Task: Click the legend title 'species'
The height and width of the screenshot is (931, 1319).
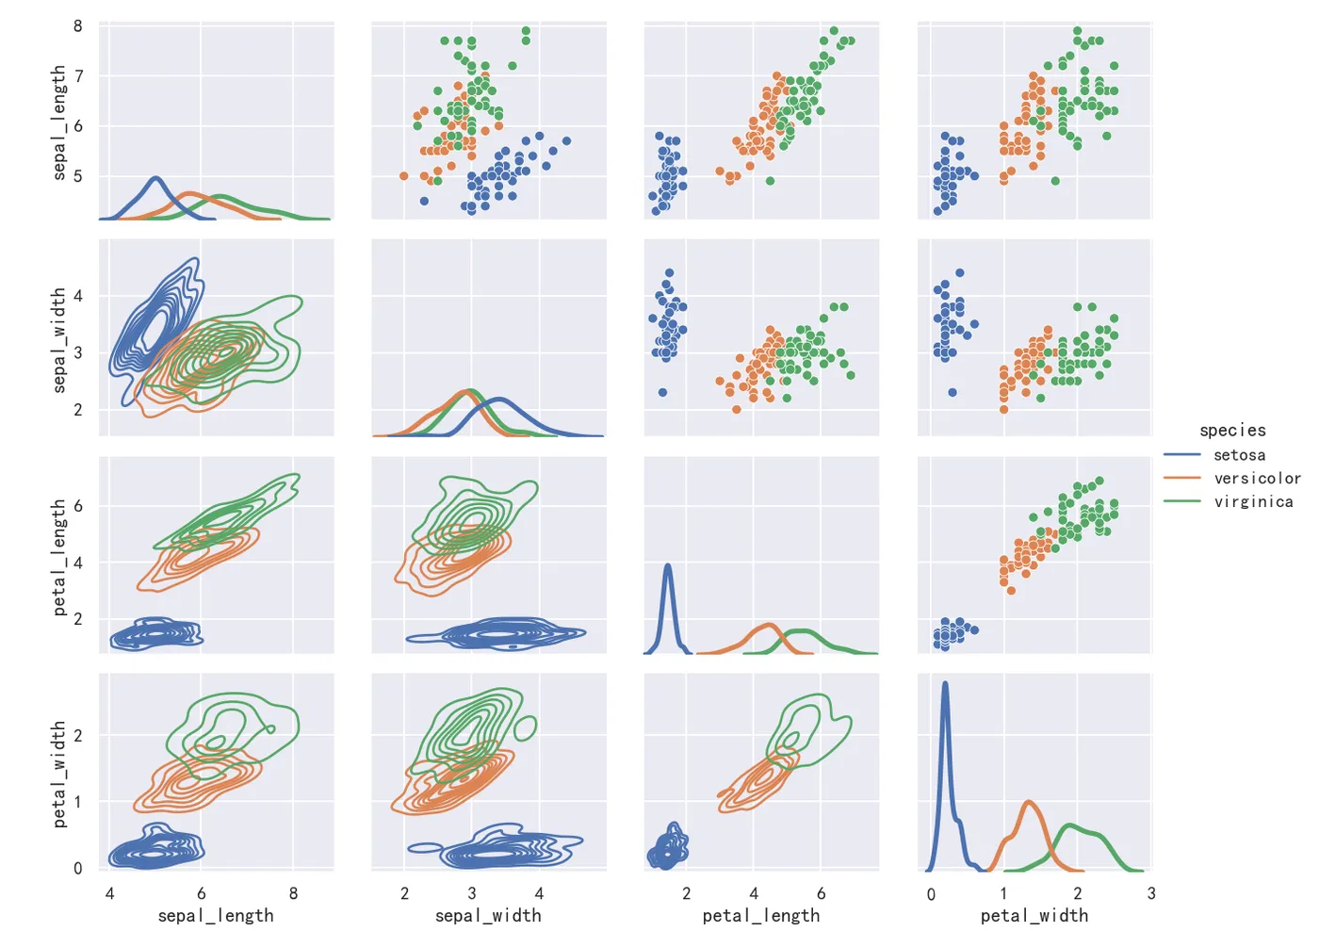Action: pos(1232,431)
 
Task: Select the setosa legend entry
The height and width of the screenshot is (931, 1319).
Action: pos(1239,455)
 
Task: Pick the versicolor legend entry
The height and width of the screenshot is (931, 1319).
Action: pos(1257,479)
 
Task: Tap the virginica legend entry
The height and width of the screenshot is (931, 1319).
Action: pos(1253,501)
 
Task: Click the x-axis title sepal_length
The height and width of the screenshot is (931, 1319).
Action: pos(216,916)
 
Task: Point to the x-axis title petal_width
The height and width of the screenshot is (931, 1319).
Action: pos(1034,916)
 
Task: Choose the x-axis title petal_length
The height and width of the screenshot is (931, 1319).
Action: pos(761,916)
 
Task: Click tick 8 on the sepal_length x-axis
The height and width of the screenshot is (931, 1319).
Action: pos(293,893)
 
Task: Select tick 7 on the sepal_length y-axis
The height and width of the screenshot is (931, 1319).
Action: pos(78,76)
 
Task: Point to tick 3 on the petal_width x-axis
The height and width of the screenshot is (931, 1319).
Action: pos(1150,893)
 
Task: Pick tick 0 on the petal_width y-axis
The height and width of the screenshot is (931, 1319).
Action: pos(78,869)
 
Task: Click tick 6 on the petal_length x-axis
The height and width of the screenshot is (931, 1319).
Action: pos(821,893)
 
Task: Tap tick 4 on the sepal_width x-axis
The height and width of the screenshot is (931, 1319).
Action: pos(539,893)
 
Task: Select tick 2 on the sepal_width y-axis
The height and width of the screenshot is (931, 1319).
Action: pos(78,410)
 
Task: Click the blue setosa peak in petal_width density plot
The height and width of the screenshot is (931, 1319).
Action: pos(945,684)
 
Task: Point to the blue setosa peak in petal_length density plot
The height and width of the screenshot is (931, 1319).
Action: pos(668,565)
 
